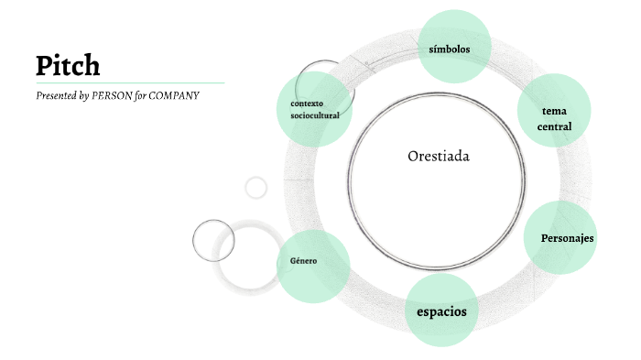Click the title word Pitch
[x=68, y=66]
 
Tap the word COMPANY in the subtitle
[x=174, y=94]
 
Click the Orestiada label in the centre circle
[x=438, y=156]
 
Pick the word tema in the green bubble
[x=554, y=111]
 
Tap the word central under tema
[x=554, y=126]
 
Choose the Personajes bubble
[x=560, y=237]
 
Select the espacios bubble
[x=441, y=311]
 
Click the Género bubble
[x=313, y=266]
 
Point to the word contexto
[x=307, y=103]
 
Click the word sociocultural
[x=315, y=116]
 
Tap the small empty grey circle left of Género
[x=214, y=240]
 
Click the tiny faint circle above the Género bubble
[x=256, y=188]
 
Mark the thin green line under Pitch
[x=128, y=82]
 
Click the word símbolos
[x=455, y=49]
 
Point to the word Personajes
[x=567, y=238]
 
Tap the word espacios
[x=441, y=311]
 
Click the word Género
[x=303, y=261]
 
